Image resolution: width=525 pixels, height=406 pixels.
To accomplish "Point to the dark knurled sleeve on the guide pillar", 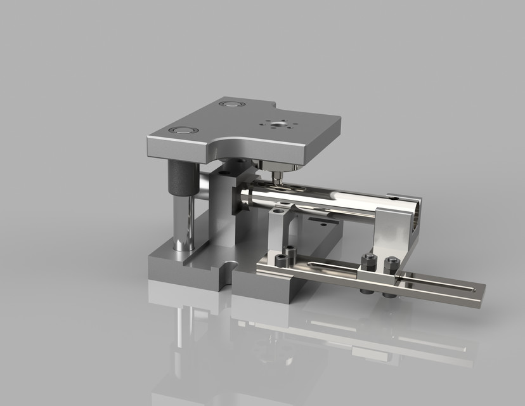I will pos(180,178).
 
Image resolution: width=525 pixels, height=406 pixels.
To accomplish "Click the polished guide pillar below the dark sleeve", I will pos(182,222).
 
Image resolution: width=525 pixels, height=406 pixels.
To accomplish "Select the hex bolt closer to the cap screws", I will pos(367,258).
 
